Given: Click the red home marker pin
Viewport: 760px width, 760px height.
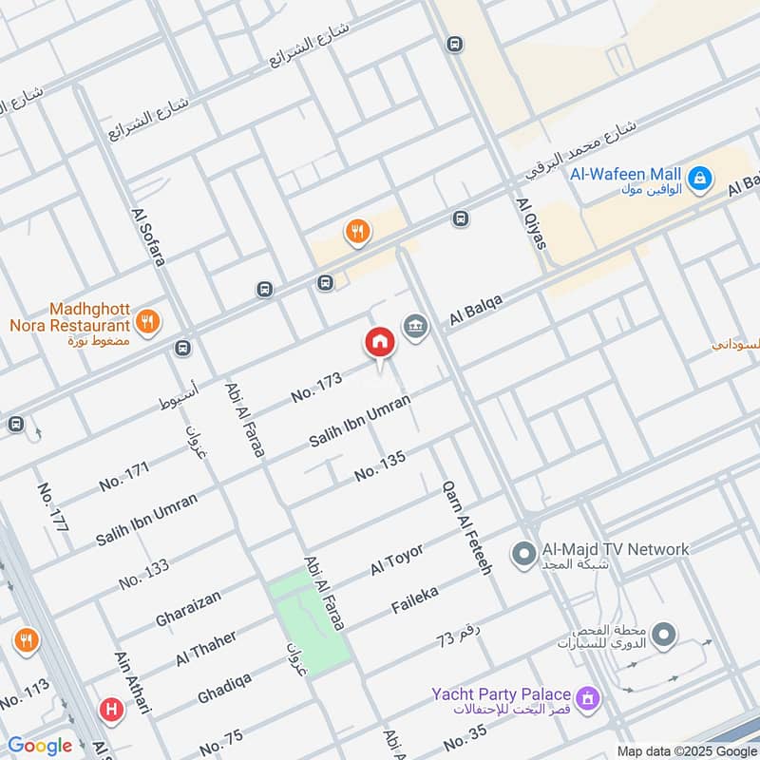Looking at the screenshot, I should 379,343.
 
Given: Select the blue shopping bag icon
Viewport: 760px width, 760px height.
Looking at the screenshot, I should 700,178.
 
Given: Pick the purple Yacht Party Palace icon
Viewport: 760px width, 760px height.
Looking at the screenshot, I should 589,699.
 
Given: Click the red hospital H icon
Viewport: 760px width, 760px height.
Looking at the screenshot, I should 111,709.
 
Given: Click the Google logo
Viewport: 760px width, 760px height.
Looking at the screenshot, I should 40,746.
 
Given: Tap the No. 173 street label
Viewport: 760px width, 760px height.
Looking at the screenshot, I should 316,387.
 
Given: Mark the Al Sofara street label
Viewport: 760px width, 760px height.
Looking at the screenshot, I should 149,233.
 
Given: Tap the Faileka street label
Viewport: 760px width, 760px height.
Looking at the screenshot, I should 415,599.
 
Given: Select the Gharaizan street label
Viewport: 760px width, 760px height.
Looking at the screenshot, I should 188,609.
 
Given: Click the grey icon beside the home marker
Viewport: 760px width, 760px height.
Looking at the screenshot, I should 415,327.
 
